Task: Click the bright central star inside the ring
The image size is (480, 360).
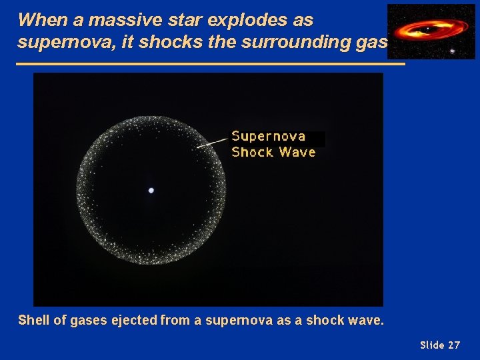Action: [x=151, y=191]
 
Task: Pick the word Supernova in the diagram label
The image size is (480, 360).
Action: [x=268, y=136]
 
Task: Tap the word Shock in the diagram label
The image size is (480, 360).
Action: [x=252, y=152]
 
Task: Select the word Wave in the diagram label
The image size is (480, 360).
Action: [x=297, y=152]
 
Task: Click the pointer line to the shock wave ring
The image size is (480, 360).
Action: [x=213, y=141]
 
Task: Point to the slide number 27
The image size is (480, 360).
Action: [x=453, y=345]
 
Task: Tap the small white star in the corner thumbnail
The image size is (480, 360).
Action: [x=453, y=51]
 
